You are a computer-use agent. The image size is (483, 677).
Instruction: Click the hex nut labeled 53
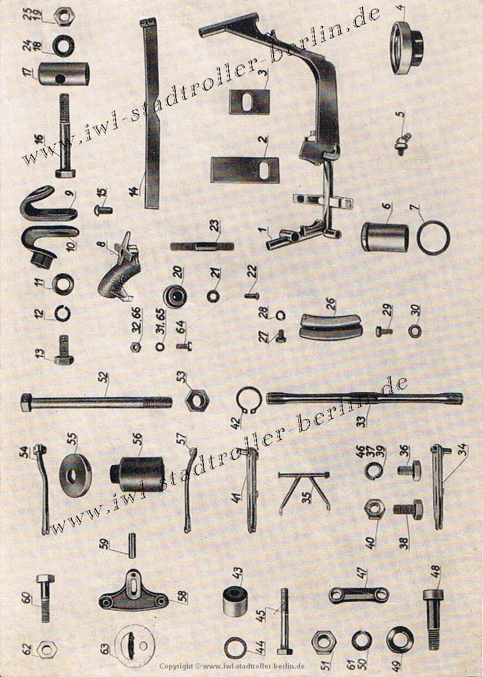click(196, 399)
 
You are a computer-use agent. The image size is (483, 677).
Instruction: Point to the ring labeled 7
click(433, 236)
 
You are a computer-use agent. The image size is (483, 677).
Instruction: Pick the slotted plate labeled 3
click(250, 101)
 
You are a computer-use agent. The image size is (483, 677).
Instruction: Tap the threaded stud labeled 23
click(202, 246)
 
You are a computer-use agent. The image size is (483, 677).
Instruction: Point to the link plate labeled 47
click(358, 595)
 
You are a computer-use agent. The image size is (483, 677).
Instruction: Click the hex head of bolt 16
click(65, 173)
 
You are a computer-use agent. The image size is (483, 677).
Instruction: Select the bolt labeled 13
click(64, 353)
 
